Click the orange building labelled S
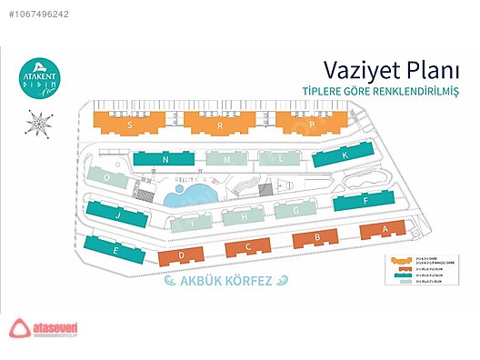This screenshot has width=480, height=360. coord(131,123)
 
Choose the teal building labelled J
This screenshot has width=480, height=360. coord(119,215)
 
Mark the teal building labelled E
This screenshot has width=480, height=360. coord(114,248)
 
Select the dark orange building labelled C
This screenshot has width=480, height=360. coord(248,247)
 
